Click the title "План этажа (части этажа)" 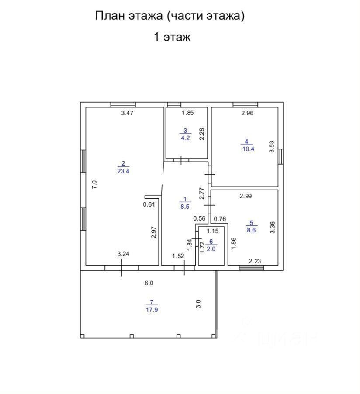point(170,16)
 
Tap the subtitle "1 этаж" point(172,37)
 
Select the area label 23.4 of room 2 point(123,171)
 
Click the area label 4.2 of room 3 point(185,138)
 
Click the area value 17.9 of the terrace point(151,310)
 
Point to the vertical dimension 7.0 point(94,184)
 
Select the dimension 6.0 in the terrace point(149,283)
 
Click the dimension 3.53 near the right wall point(271,146)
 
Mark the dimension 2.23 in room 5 point(255,261)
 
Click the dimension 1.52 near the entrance point(177,256)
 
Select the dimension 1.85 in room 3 point(188,113)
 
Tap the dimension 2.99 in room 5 point(245,196)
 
